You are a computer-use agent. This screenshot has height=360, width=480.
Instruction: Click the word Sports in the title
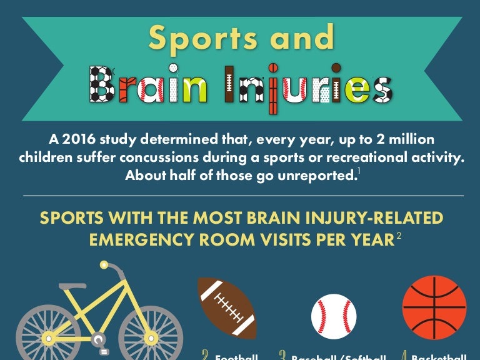pos(201,38)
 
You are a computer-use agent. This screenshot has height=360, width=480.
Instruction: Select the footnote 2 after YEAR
pos(397,236)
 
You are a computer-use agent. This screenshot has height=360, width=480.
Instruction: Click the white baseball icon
pos(334,316)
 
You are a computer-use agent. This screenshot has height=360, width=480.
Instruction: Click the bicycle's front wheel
pos(151,332)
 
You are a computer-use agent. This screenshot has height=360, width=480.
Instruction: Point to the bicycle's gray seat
pos(72,286)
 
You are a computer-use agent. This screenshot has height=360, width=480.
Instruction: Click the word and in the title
pos(296,38)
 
